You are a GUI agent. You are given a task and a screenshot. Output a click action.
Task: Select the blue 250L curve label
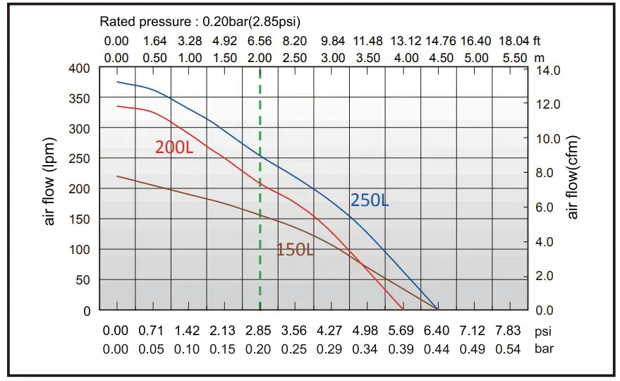(x=369, y=200)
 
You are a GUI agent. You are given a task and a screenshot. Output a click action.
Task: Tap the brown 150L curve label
(x=295, y=249)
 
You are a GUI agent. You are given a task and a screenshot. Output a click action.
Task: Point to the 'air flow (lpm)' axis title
(x=50, y=181)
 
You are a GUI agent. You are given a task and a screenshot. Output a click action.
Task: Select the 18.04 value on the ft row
(x=513, y=42)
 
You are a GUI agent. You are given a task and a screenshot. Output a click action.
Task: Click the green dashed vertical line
(x=260, y=212)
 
